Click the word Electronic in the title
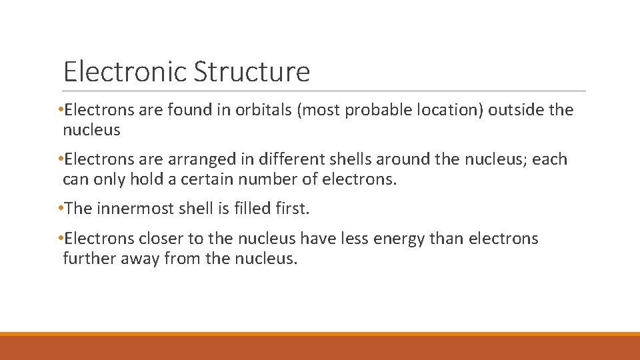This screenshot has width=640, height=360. click(x=125, y=71)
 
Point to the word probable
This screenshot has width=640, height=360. click(x=376, y=110)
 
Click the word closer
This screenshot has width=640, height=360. click(x=157, y=239)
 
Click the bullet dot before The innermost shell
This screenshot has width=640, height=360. click(x=61, y=209)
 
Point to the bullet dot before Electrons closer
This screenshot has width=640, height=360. click(x=61, y=239)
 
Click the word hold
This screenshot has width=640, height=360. click(x=146, y=179)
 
